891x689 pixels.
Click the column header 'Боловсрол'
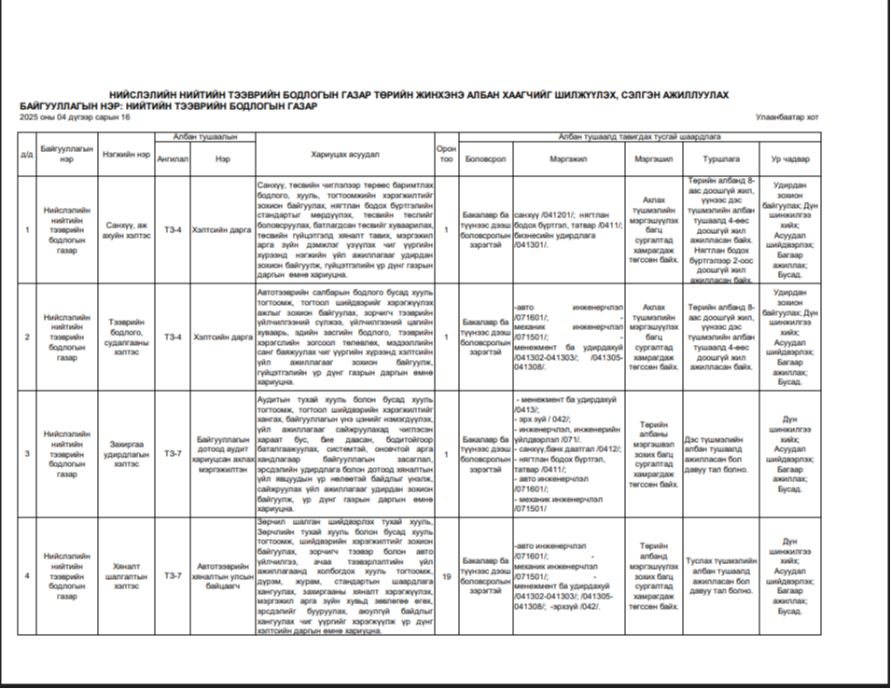[x=485, y=159]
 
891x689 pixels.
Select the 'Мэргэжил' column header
[x=568, y=159]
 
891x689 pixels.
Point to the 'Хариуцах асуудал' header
[x=344, y=155]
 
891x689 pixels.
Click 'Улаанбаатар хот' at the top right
[x=787, y=117]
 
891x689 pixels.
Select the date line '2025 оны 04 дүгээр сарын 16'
[x=75, y=117]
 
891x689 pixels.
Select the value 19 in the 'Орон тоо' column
[x=447, y=576]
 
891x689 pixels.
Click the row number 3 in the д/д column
[x=27, y=454]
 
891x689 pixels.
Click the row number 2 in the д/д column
[x=27, y=337]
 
